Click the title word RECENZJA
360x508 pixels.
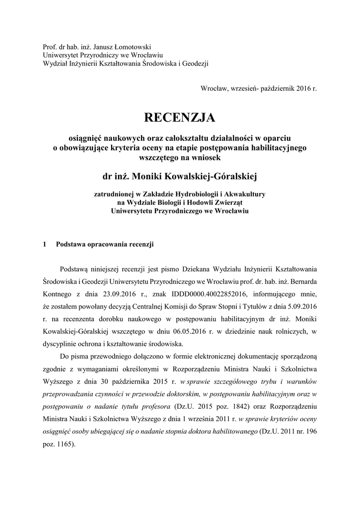(x=180, y=118)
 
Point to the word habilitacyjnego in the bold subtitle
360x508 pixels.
(x=282, y=148)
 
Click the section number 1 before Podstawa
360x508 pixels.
(x=45, y=244)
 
